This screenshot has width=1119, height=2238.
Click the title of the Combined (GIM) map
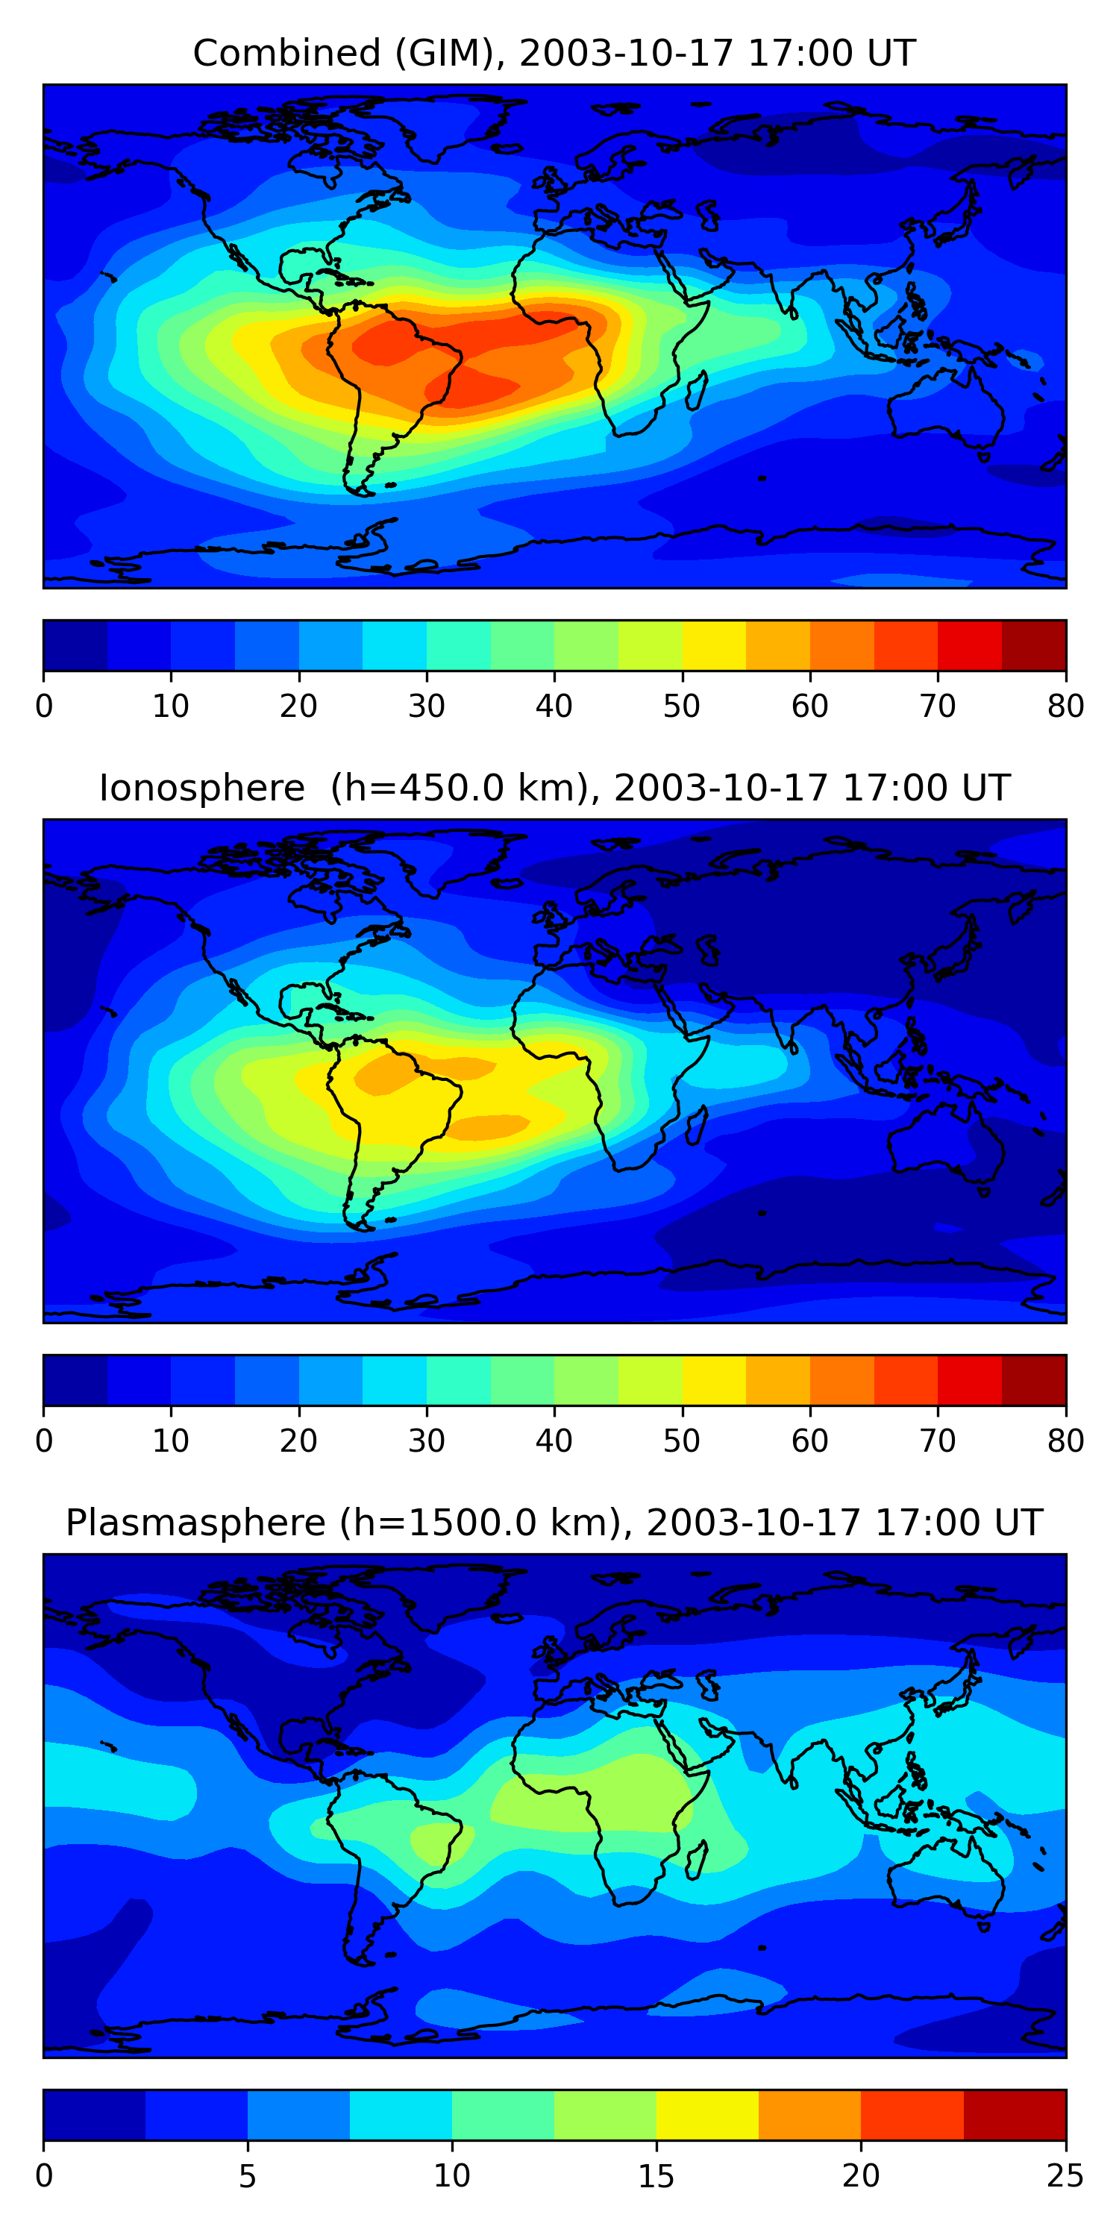coord(554,53)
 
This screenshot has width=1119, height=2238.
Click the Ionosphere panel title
coord(554,788)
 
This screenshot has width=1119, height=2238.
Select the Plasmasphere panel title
coord(554,1523)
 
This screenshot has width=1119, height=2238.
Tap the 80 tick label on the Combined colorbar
coord(1065,706)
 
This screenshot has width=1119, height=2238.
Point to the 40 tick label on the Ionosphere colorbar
coord(554,1441)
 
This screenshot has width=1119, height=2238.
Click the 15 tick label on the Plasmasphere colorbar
coord(656,2176)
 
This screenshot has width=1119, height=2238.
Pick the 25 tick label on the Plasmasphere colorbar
coord(1065,2176)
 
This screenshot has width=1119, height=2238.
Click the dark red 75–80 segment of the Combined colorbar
coord(1034,645)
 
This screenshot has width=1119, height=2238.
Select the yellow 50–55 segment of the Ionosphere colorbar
coord(713,1379)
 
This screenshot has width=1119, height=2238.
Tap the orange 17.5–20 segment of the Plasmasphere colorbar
coord(809,2115)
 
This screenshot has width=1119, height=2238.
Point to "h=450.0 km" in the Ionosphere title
coord(455,788)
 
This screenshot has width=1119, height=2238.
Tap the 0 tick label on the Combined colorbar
coord(44,706)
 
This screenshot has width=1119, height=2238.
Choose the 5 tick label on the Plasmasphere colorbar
coord(248,2176)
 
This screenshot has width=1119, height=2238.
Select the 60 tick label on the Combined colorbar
coord(809,706)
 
